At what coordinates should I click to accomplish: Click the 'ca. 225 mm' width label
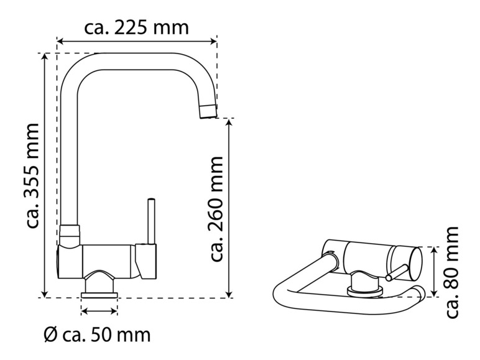coord(137,27)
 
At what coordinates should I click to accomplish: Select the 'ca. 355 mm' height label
coord(33,176)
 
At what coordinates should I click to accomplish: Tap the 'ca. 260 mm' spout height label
coord(216,209)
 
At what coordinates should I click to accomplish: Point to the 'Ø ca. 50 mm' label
coord(98,335)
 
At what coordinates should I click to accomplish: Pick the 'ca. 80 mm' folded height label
coord(453,272)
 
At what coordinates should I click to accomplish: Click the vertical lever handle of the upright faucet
coord(151,221)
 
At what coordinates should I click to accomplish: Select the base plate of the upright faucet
coord(99,295)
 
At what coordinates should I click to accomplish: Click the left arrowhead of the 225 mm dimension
coord(60,41)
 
